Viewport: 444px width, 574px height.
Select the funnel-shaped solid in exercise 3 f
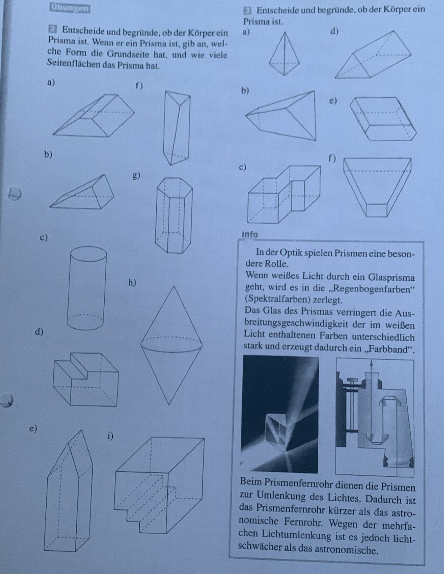377,186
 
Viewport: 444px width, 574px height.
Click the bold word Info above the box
250,234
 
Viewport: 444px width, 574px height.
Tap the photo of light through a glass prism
280,414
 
